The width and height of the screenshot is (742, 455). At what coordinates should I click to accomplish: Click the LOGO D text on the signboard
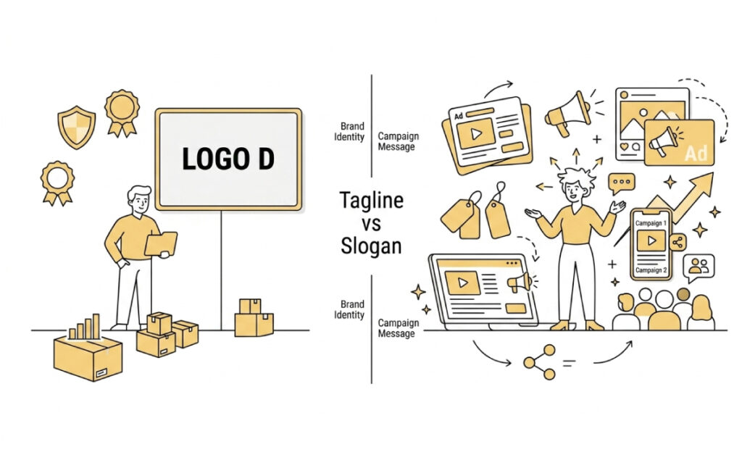coord(228,159)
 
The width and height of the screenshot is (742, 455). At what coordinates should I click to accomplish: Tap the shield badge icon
coord(76,127)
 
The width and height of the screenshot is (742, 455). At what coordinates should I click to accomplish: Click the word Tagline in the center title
coord(372,201)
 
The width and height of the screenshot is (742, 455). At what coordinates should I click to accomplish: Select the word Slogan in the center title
coord(372,246)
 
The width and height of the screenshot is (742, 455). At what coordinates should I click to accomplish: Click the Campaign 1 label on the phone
coord(651,222)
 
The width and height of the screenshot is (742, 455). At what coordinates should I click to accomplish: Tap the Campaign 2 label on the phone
coord(651,270)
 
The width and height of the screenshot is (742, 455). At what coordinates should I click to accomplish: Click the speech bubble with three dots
coord(621,183)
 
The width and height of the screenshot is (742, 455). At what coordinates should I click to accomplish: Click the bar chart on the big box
coord(85,327)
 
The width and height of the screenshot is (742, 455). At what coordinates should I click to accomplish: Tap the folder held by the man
coord(161,244)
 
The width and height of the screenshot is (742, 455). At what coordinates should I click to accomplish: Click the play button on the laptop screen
coord(462,283)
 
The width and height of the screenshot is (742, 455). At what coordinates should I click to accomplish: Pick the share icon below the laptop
coord(539,362)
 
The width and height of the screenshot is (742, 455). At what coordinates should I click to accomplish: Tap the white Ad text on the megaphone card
coord(696,154)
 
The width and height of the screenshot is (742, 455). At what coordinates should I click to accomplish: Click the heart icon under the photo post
coord(624,147)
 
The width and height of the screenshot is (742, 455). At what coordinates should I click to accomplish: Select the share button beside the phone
coord(678,243)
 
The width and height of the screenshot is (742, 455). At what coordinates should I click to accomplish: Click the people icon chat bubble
coord(699,267)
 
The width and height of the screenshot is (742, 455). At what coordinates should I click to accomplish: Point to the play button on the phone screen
coord(651,241)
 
